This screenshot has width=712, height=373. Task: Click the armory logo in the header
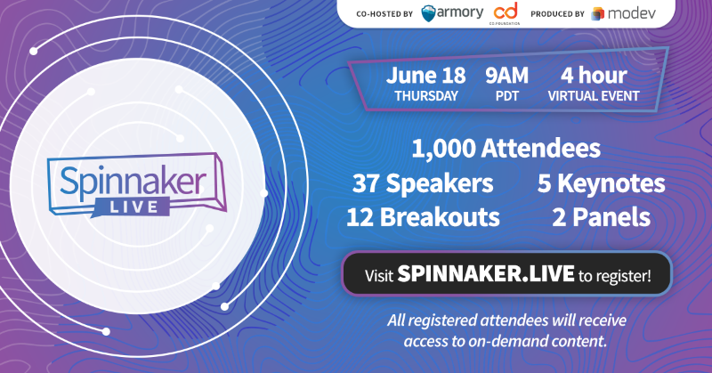tap(452, 13)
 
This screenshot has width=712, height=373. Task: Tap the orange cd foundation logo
tap(505, 12)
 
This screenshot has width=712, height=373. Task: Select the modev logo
tap(624, 13)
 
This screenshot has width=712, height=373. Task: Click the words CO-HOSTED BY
tap(384, 14)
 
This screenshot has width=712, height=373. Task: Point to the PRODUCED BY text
tap(558, 14)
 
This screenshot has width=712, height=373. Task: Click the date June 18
tap(426, 76)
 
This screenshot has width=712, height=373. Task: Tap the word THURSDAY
tap(426, 96)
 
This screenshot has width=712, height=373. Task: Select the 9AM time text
tap(506, 76)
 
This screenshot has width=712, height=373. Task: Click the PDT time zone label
tap(507, 96)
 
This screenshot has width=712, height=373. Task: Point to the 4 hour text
tap(594, 76)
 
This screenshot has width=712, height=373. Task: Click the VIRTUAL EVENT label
tap(594, 96)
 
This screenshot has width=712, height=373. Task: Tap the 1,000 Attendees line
tap(506, 149)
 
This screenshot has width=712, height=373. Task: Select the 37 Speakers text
tap(423, 183)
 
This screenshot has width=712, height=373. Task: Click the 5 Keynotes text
tap(602, 183)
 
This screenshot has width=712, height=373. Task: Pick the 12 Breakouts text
tap(423, 217)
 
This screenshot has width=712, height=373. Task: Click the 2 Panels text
tap(602, 217)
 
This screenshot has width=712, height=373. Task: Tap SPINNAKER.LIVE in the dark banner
tap(486, 273)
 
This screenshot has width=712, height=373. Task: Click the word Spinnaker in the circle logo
tap(133, 182)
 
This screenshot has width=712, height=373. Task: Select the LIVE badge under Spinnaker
tap(133, 207)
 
